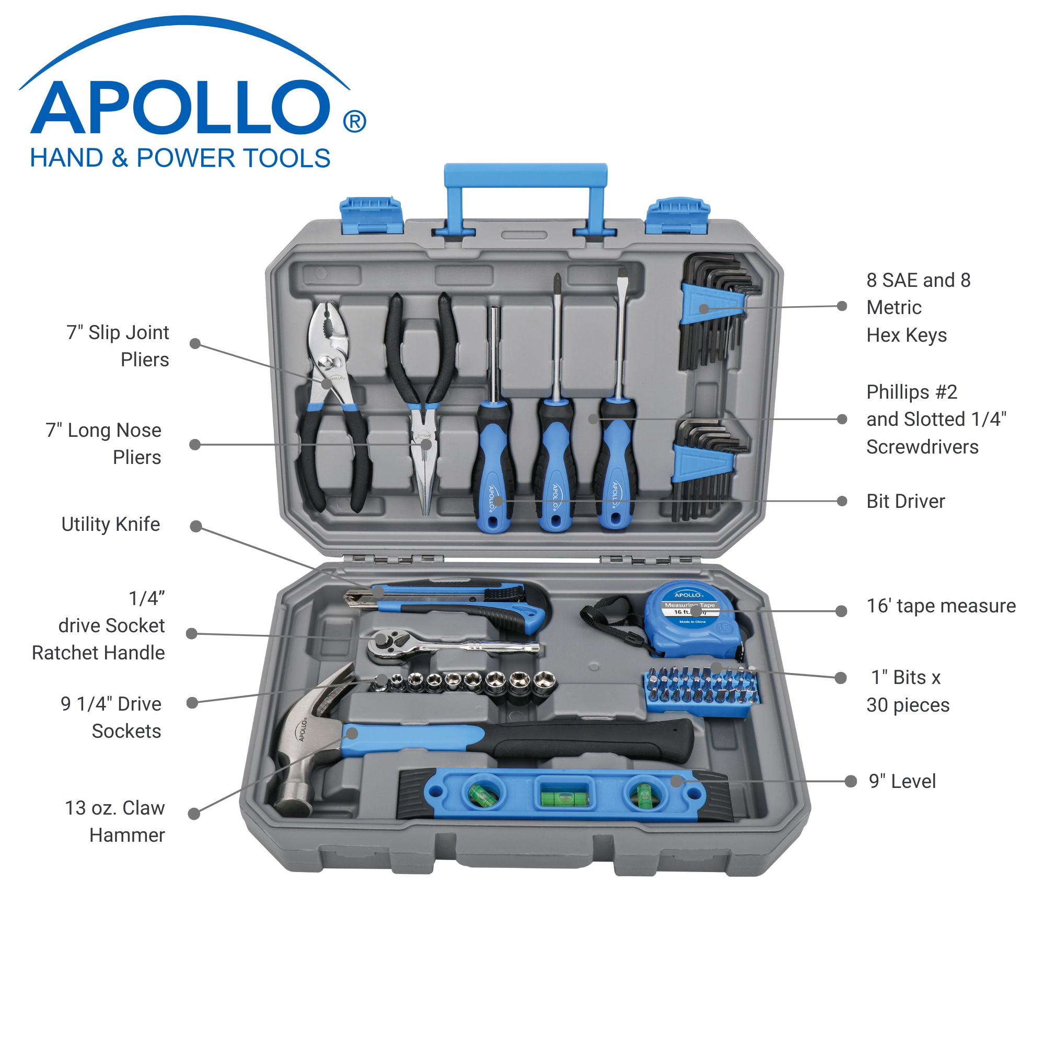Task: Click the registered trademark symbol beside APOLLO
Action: click(x=354, y=121)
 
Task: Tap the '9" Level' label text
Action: click(x=902, y=781)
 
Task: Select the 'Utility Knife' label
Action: click(x=110, y=524)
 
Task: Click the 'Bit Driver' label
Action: click(x=905, y=501)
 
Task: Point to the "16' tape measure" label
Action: click(x=940, y=606)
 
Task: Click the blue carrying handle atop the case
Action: click(x=525, y=176)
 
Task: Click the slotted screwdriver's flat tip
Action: click(x=623, y=274)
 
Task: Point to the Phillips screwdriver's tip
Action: click(x=556, y=279)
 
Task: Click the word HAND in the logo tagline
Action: click(x=66, y=158)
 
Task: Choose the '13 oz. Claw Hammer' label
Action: click(x=114, y=821)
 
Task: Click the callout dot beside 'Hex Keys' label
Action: click(x=842, y=306)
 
